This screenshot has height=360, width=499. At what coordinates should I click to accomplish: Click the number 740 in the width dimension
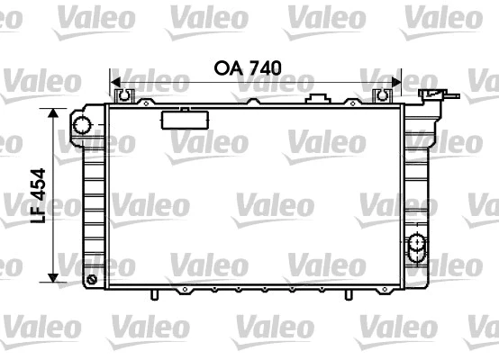coord(266,67)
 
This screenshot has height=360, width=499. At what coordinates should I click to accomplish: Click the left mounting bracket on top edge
coord(124,94)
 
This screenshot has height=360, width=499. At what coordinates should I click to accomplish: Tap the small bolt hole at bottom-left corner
coord(93,280)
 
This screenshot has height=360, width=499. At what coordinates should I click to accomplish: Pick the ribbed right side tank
coord(417,180)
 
